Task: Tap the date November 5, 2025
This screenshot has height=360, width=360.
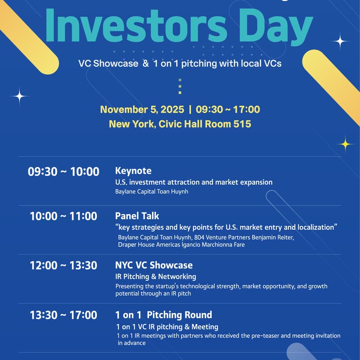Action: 142,109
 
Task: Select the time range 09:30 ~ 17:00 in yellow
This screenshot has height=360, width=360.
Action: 228,109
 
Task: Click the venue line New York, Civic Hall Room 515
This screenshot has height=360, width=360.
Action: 180,124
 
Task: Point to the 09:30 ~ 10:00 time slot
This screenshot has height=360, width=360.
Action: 63,171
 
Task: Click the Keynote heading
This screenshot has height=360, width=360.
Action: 133,171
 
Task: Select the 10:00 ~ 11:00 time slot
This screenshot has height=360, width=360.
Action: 63,216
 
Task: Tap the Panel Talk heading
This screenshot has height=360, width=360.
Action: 137,216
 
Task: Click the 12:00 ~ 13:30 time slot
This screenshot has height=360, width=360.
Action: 63,265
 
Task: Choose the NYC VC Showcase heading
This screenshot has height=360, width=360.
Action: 154,265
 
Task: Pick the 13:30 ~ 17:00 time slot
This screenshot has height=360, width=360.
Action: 63,315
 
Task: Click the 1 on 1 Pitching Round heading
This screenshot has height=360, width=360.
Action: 164,315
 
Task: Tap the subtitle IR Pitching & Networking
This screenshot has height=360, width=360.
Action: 156,276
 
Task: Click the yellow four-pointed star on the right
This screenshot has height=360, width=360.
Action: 346,144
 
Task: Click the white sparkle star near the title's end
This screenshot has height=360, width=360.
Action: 340,41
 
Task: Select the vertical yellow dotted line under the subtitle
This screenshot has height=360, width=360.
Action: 180,86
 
